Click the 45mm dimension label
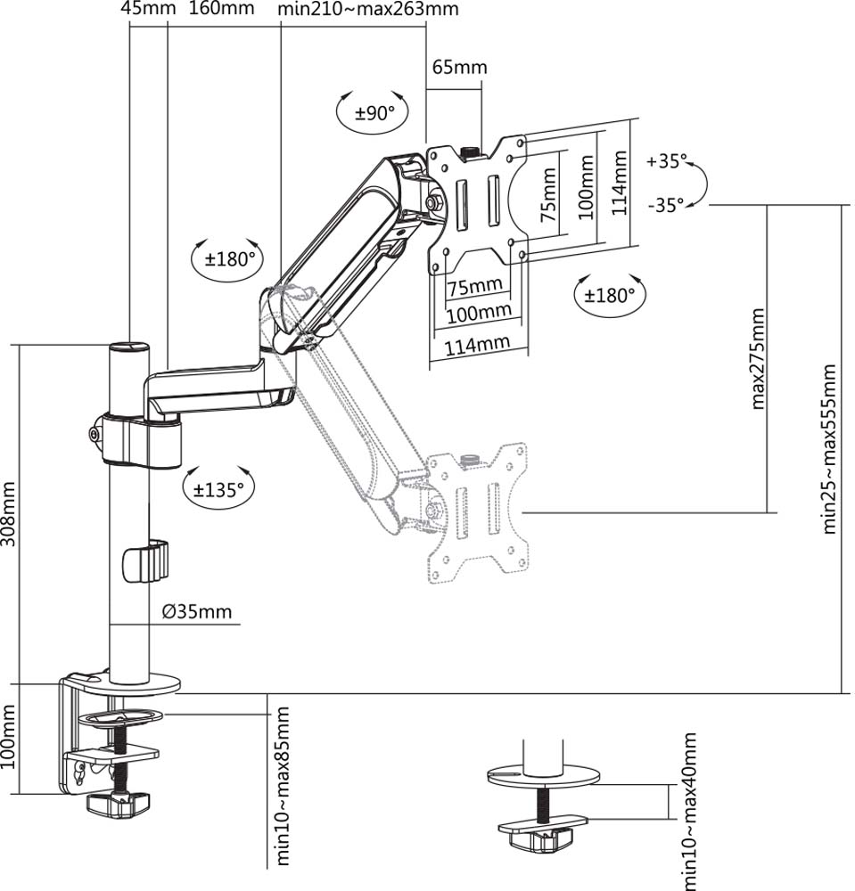(141, 10)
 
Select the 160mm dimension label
(222, 10)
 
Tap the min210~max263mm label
(368, 10)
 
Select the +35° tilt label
(668, 162)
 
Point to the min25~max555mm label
(830, 447)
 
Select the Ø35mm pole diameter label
(197, 611)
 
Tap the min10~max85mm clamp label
(284, 786)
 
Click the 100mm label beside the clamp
(10, 739)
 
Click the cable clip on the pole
(144, 560)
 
